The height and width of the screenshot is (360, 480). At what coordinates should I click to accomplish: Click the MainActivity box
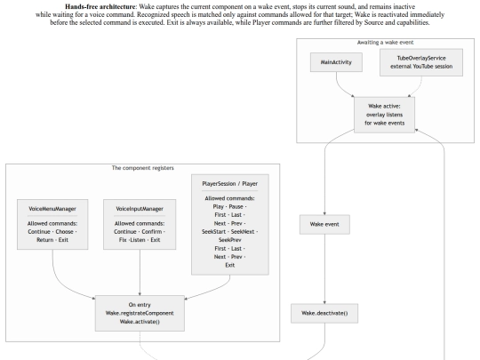pyautogui.click(x=336, y=62)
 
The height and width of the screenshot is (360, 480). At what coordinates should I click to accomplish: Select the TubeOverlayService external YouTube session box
pyautogui.click(x=421, y=62)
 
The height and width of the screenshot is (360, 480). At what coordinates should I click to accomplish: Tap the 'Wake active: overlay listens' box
pyautogui.click(x=385, y=115)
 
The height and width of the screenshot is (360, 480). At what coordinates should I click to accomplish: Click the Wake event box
pyautogui.click(x=324, y=224)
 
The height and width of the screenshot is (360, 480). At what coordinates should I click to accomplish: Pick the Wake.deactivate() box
pyautogui.click(x=324, y=313)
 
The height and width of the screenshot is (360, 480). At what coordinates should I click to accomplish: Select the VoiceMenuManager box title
pyautogui.click(x=52, y=209)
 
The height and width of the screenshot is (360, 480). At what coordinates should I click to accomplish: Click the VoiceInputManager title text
pyautogui.click(x=140, y=209)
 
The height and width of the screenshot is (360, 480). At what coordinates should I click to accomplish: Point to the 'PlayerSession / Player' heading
pyautogui.click(x=230, y=184)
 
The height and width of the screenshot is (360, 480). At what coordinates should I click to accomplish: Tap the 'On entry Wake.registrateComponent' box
pyautogui.click(x=140, y=313)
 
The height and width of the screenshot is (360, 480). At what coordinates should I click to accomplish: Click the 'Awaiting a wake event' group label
pyautogui.click(x=385, y=43)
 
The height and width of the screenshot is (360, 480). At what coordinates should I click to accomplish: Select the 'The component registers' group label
pyautogui.click(x=142, y=168)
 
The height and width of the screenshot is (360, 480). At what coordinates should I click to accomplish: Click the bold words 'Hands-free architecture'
pyautogui.click(x=100, y=7)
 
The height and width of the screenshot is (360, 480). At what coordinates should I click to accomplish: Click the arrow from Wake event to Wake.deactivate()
pyautogui.click(x=324, y=269)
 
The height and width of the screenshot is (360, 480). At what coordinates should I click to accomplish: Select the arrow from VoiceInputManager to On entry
pyautogui.click(x=140, y=273)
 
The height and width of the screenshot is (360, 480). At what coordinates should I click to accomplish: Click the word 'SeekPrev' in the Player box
pyautogui.click(x=230, y=240)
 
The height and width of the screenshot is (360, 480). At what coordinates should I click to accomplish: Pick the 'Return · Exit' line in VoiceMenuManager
pyautogui.click(x=52, y=240)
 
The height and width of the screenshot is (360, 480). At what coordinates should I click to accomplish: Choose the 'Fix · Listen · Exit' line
pyautogui.click(x=140, y=240)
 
